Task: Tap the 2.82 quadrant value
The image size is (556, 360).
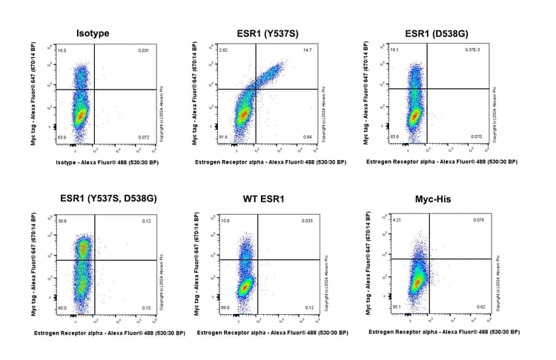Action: (x=224, y=50)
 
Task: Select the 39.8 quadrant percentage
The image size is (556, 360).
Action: (x=62, y=221)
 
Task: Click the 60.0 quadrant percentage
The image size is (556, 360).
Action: (x=62, y=307)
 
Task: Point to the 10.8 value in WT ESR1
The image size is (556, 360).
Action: (x=225, y=221)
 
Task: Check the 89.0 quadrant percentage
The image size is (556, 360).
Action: (x=225, y=307)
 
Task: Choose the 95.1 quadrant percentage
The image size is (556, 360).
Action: (x=397, y=307)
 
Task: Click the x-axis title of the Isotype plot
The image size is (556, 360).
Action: (x=103, y=161)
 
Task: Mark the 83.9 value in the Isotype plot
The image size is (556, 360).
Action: (x=62, y=138)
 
